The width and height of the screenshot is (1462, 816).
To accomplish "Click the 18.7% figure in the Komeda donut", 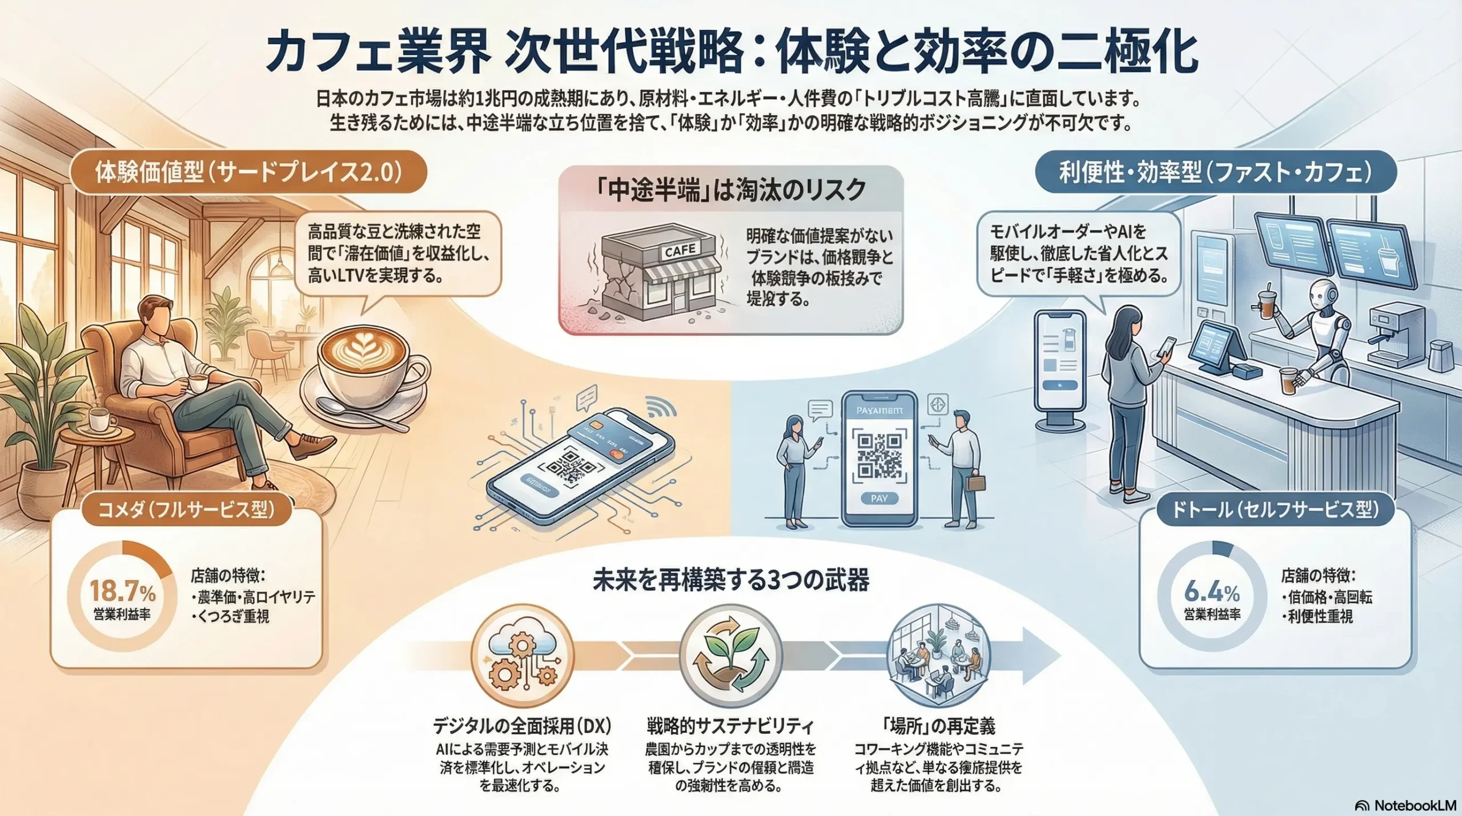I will [x=122, y=591].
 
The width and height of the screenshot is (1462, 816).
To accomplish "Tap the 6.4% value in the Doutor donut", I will [x=1211, y=591].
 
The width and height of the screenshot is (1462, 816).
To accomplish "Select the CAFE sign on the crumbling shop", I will [x=680, y=250].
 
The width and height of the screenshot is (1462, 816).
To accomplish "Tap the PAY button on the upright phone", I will [x=879, y=499].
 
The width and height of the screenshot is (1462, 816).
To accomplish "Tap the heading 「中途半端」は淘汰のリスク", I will [x=730, y=191].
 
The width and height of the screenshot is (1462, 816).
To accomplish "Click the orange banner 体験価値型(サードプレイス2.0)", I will [x=248, y=172].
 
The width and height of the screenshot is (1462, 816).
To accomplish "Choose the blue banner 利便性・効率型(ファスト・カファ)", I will [x=1215, y=172].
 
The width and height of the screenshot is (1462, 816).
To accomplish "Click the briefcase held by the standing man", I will [x=976, y=483].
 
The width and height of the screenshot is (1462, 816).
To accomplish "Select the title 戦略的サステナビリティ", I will [x=730, y=726].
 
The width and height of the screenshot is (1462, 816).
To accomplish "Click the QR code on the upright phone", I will [x=879, y=455].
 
